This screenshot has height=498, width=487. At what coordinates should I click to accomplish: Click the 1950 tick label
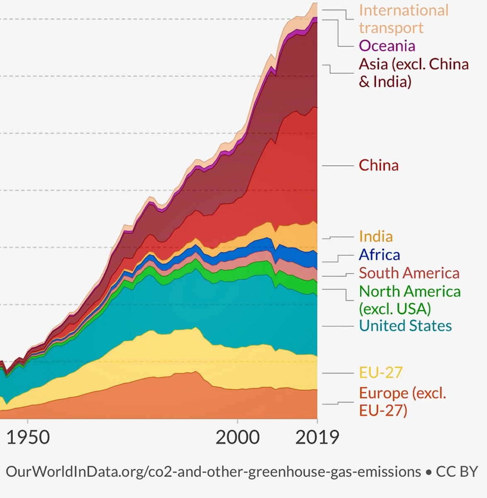click(28, 437)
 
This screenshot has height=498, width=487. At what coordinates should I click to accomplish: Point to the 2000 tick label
click(237, 437)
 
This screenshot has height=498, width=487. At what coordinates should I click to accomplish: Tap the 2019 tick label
click(317, 437)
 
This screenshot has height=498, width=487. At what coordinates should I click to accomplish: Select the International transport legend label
click(403, 19)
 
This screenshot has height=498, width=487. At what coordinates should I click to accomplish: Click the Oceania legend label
click(387, 46)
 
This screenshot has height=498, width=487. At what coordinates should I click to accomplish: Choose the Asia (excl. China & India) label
click(413, 73)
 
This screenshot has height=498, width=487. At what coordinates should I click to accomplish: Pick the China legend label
click(378, 165)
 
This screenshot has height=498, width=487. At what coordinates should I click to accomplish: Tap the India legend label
click(375, 237)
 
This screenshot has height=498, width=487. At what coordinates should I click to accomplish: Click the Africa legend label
click(379, 255)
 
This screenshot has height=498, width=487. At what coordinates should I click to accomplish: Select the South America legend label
click(409, 273)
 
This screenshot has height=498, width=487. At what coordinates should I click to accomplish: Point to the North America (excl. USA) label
click(409, 300)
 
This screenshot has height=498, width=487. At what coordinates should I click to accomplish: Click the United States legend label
click(405, 326)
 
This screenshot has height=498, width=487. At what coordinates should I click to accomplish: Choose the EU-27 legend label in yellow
click(380, 373)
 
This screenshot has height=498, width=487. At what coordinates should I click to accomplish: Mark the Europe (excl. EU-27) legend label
click(402, 401)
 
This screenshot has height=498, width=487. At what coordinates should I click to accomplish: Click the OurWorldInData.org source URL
click(213, 472)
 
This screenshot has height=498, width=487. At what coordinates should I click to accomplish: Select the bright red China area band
click(282, 174)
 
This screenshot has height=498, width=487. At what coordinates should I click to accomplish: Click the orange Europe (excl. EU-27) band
click(166, 398)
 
